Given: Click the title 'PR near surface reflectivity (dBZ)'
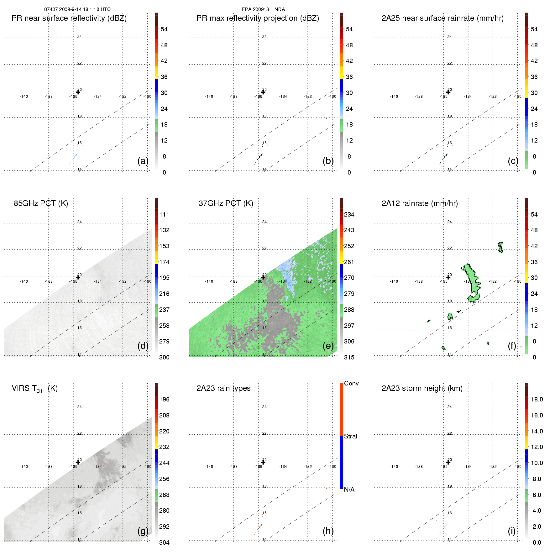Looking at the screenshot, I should [x=69, y=18].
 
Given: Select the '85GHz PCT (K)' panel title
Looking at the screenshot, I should [x=41, y=203].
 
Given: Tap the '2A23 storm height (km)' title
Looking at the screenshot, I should [x=422, y=388].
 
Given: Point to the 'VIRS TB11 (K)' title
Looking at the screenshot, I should [x=34, y=389].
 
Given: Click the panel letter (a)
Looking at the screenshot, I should [x=143, y=161].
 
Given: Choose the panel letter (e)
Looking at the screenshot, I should [x=328, y=346].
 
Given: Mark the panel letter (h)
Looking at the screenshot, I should [x=328, y=531].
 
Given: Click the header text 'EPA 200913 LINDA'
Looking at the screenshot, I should [x=263, y=9].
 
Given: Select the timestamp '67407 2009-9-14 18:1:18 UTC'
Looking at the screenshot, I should [x=77, y=9].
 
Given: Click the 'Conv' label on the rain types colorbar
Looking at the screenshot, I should [x=351, y=383].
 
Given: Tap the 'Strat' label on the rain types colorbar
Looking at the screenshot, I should [x=351, y=436].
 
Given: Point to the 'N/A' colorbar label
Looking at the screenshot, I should [x=349, y=490].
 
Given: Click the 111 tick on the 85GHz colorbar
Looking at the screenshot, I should [x=164, y=214].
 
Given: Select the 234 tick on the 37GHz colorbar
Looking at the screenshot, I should [x=349, y=214].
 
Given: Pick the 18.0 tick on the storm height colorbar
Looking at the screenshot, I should [x=537, y=399].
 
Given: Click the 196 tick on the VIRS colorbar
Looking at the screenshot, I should [x=164, y=399].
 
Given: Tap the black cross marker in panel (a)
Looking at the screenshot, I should [x=78, y=92].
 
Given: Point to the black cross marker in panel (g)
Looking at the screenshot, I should [x=78, y=462].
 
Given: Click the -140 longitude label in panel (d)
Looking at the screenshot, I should [x=24, y=281].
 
